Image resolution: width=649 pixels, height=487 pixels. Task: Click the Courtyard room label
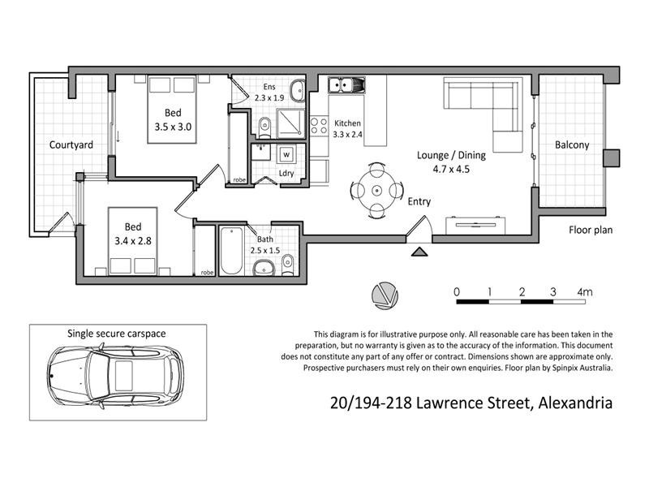(71, 145)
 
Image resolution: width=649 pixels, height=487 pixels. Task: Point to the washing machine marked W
(286, 153)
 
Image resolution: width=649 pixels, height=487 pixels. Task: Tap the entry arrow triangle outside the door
(420, 253)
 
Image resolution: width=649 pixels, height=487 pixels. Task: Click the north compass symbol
(385, 296)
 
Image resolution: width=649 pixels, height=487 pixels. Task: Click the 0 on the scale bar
(457, 291)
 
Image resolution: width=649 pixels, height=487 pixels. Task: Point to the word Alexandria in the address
(571, 403)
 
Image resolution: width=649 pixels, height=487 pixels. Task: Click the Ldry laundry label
(286, 173)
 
